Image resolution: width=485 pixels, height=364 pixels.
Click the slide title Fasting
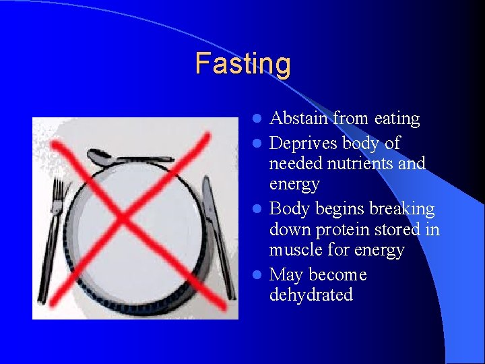243,64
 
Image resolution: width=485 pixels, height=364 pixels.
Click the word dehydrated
311,295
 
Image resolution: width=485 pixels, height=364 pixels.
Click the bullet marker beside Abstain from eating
257,119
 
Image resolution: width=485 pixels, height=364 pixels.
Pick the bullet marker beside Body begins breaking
257,210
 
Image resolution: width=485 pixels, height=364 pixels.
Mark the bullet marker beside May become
257,275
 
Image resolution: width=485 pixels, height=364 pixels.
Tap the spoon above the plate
128,159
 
